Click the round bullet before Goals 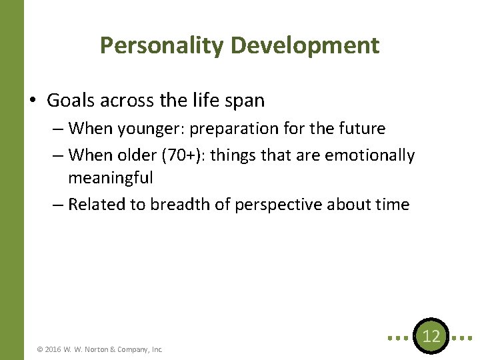[x=33, y=101]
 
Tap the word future [x=362, y=128]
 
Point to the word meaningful [x=111, y=178]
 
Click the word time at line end [x=391, y=205]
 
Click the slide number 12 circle [x=431, y=337]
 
